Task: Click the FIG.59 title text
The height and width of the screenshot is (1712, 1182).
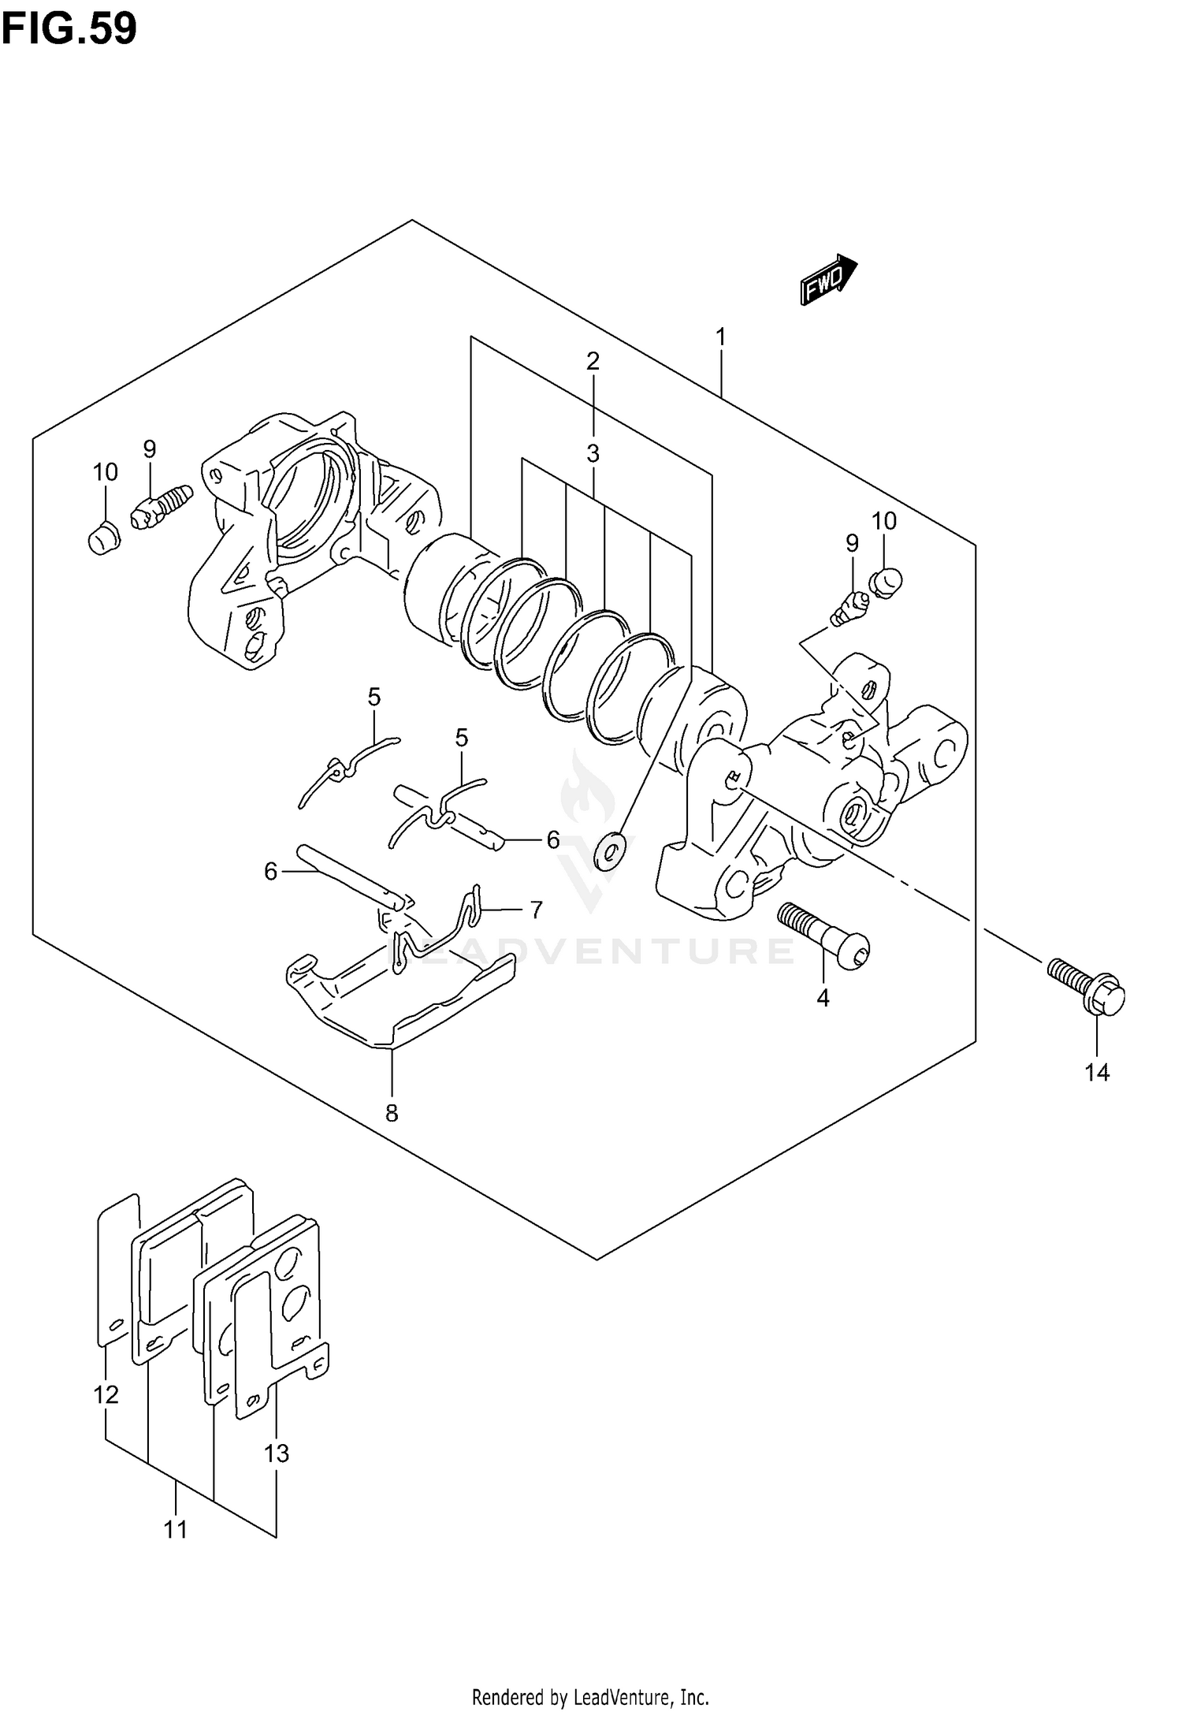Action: (x=69, y=29)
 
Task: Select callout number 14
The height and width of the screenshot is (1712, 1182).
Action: (x=1096, y=1072)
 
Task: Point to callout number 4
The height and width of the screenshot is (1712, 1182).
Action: (x=823, y=998)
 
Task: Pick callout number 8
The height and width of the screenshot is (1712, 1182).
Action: (x=392, y=1113)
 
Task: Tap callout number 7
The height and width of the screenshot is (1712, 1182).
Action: (x=536, y=910)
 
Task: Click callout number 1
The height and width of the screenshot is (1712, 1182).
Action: (x=720, y=337)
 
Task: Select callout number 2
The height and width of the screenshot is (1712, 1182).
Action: (x=593, y=361)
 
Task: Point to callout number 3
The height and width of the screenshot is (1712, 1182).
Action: (x=593, y=453)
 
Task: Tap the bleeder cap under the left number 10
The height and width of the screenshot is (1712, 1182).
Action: (x=102, y=541)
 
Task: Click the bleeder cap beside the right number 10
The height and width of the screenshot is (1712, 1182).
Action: (x=886, y=582)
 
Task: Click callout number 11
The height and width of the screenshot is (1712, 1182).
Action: (x=175, y=1530)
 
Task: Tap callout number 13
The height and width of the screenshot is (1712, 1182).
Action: (x=277, y=1453)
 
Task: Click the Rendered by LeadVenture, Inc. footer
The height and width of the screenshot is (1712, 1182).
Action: (x=590, y=1696)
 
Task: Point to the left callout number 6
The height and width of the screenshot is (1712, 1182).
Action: (x=270, y=871)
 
